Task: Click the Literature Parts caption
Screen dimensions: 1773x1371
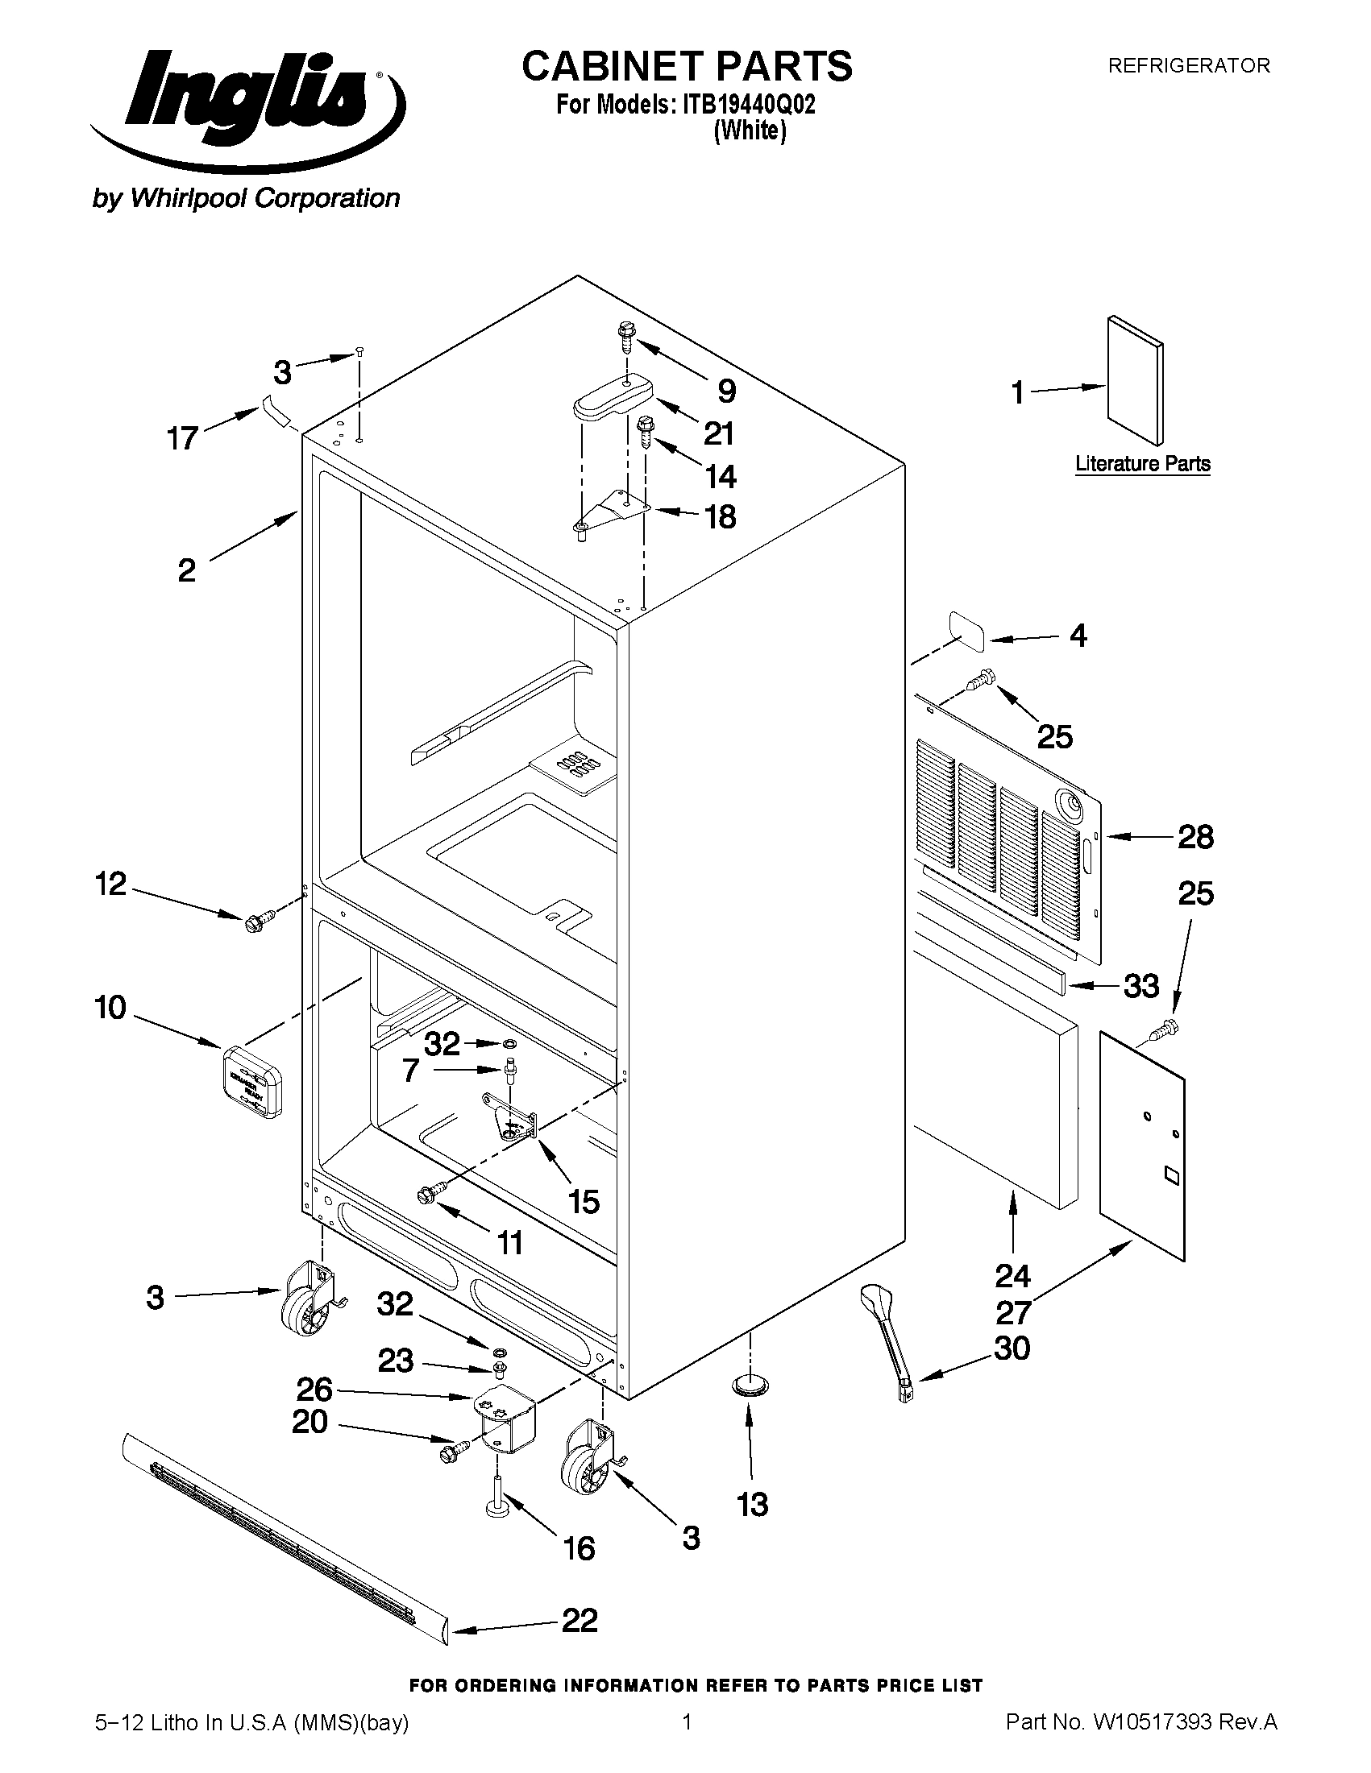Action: [1143, 464]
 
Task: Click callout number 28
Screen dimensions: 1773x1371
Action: [1195, 837]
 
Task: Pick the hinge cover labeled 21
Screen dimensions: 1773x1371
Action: [614, 398]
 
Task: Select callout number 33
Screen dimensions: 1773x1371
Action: [1140, 986]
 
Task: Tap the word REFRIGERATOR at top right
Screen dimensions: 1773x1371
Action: [1189, 66]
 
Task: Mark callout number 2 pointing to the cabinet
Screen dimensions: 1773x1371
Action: [187, 570]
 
